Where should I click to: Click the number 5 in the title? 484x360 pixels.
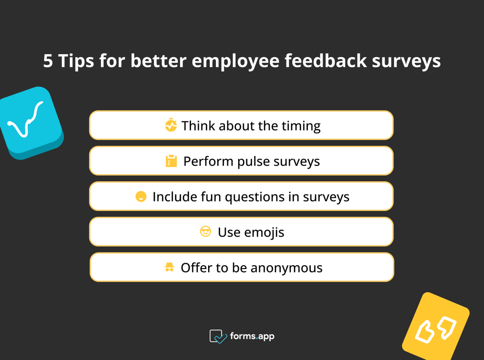(48, 61)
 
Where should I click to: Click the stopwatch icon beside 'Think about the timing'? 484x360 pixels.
(171, 125)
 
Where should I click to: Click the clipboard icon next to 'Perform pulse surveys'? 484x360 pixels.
(171, 161)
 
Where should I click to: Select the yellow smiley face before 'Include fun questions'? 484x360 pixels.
(141, 196)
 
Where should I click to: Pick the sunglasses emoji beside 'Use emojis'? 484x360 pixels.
(206, 232)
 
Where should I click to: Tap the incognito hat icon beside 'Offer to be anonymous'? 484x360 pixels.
(169, 267)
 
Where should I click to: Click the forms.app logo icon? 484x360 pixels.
(218, 336)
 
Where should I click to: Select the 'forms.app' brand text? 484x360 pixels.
(252, 336)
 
